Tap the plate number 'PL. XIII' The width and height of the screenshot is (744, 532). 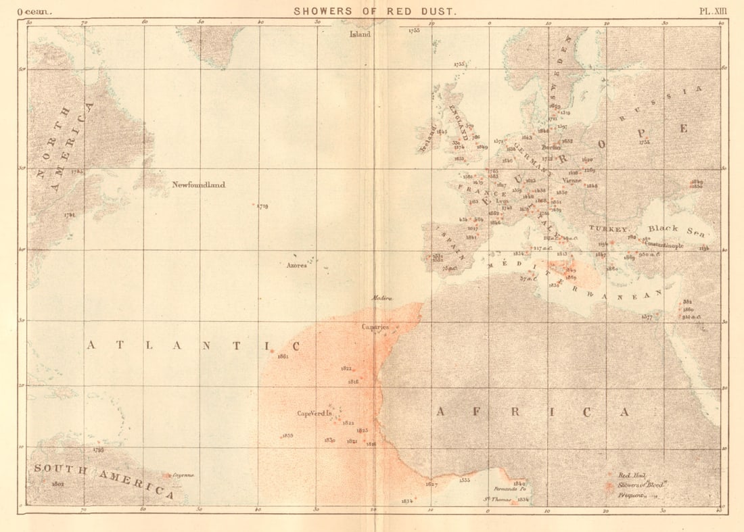click(713, 11)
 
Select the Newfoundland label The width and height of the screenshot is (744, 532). click(198, 185)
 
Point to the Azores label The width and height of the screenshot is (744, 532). click(297, 266)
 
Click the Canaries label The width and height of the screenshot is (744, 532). click(375, 327)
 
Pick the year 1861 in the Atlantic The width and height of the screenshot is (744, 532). click(283, 356)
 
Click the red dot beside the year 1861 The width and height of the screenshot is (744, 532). click(272, 351)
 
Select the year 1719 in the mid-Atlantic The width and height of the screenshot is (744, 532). click(262, 206)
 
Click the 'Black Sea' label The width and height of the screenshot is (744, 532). click(673, 228)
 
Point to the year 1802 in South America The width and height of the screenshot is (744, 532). click(57, 483)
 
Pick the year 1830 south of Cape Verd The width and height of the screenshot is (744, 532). click(329, 440)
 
